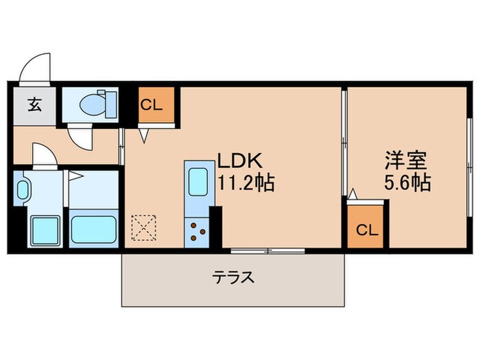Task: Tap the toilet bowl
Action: coord(90,105)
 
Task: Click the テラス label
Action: coord(233,278)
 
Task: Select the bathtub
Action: coord(94,227)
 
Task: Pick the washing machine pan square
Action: coord(45,227)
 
